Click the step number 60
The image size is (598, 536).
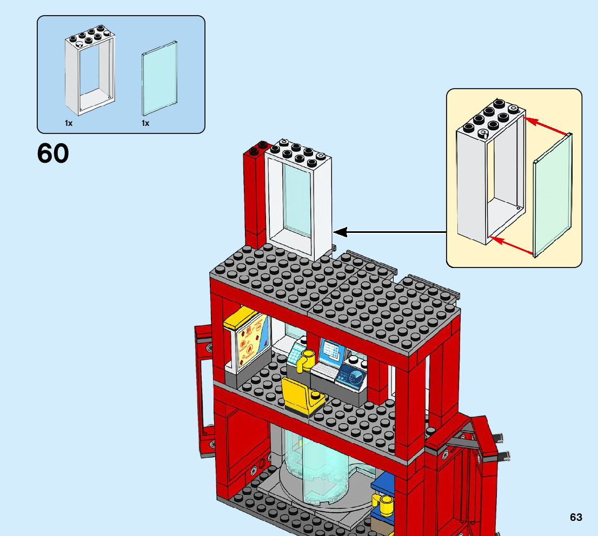click(x=53, y=153)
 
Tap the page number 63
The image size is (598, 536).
click(x=576, y=517)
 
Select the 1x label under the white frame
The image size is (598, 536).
click(x=69, y=123)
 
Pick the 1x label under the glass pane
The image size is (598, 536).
click(x=145, y=123)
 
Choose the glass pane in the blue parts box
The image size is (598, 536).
click(x=160, y=77)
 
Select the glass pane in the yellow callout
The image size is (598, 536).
click(x=553, y=195)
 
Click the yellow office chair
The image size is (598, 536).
click(x=301, y=394)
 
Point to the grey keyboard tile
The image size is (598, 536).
click(x=324, y=371)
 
